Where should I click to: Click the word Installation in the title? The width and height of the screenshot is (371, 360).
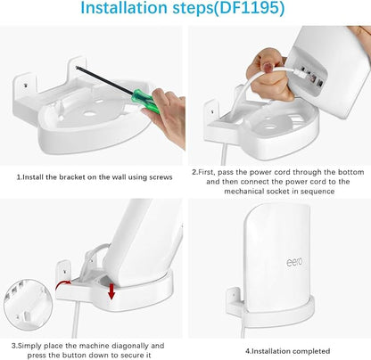(x=124, y=8)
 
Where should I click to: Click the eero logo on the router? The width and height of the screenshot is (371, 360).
(x=294, y=262)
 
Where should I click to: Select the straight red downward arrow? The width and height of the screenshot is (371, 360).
(x=111, y=291)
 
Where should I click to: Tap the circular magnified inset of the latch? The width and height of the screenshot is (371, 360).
(x=29, y=305)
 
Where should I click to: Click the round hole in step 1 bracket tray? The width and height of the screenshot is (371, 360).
(x=89, y=114)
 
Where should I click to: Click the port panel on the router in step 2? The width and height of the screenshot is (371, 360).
(x=310, y=78)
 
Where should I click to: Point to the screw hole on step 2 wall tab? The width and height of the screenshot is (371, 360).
(x=212, y=112)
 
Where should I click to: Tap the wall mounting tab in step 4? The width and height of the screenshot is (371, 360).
(x=234, y=301)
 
